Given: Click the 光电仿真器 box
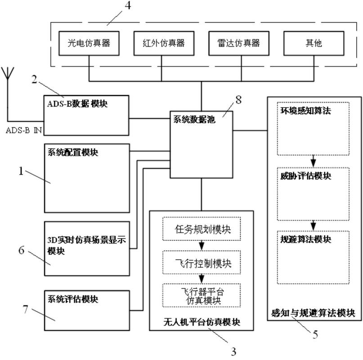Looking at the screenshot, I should (x=85, y=44).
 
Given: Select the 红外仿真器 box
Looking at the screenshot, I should (x=160, y=44).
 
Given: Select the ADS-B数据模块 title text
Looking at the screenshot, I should (x=77, y=103).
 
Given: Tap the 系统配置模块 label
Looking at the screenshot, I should (x=72, y=152).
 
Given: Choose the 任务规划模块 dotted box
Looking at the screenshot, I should (x=202, y=229).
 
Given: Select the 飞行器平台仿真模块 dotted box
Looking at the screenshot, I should (x=202, y=295).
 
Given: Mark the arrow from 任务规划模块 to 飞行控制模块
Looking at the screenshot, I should (x=202, y=247).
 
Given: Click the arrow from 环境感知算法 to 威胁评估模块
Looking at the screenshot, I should (x=314, y=161).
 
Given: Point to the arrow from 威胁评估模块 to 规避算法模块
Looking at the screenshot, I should (x=314, y=225).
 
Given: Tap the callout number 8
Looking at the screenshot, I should (x=238, y=100).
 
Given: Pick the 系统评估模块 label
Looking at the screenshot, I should (x=72, y=299).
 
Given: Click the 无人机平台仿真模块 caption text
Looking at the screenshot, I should (x=202, y=322).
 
